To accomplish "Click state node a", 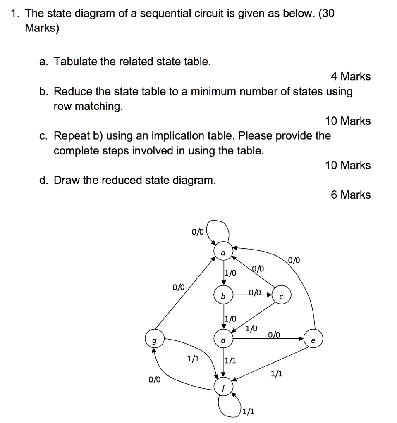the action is pyautogui.click(x=223, y=252).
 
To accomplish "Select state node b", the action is pyautogui.click(x=223, y=296).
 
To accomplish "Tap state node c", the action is pyautogui.click(x=282, y=296).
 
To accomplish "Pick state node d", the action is pyautogui.click(x=223, y=340).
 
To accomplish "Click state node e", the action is pyautogui.click(x=313, y=340).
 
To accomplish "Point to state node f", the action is pyautogui.click(x=223, y=387).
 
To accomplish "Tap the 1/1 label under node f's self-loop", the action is pyautogui.click(x=249, y=411).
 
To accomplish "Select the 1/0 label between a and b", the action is pyautogui.click(x=230, y=273).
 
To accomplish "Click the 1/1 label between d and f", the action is pyautogui.click(x=230, y=361).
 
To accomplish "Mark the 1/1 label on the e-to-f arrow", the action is pyautogui.click(x=277, y=374).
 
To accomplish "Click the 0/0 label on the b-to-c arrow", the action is pyautogui.click(x=256, y=292).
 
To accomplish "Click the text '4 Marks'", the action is pyautogui.click(x=351, y=76).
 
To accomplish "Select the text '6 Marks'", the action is pyautogui.click(x=351, y=195).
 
